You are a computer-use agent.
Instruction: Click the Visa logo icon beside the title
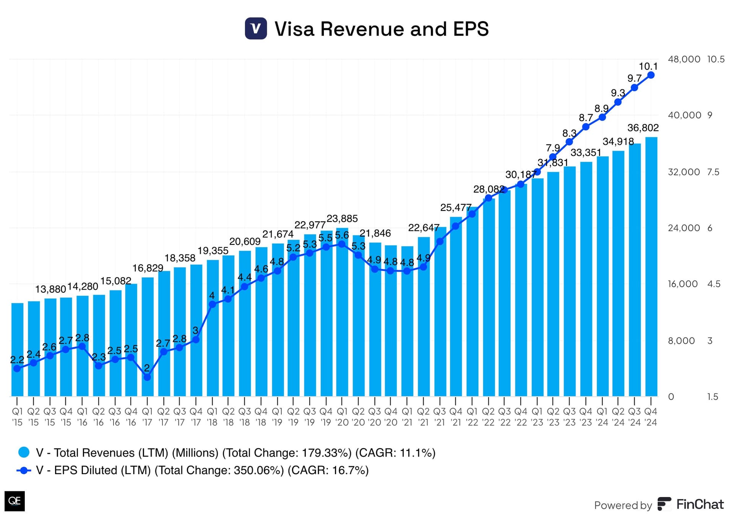(256, 29)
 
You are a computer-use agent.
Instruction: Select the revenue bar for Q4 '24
(651, 267)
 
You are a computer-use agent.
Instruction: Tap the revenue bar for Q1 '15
(17, 350)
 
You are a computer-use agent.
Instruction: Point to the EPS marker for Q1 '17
(147, 377)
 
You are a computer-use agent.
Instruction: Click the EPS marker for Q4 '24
(651, 75)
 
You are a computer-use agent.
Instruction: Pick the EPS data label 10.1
(648, 66)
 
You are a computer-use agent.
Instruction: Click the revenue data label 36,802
(643, 128)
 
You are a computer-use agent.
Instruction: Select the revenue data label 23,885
(342, 219)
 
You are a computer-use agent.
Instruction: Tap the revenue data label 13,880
(50, 289)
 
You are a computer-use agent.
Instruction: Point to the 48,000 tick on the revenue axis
(684, 59)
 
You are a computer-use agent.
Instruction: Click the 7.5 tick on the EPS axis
(713, 172)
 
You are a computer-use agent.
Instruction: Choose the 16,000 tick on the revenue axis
(682, 284)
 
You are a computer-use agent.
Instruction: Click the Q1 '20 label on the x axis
(342, 417)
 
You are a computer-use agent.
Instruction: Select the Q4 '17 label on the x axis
(196, 417)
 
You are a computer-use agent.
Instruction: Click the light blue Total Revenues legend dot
(24, 452)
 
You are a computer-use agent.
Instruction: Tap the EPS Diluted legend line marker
(24, 470)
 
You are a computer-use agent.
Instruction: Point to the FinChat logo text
(700, 504)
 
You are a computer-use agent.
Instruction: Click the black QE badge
(15, 501)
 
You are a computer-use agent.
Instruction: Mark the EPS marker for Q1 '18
(213, 305)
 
